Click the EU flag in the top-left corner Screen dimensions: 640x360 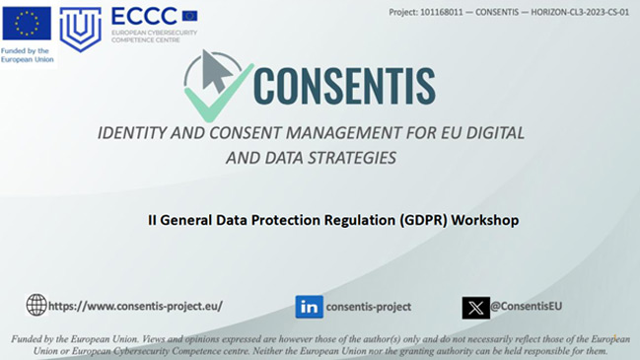coord(27,24)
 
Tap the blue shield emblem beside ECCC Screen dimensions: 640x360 coord(81,30)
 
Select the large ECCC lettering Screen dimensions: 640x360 coord(144,17)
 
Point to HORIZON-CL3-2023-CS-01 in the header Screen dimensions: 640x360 coord(580,12)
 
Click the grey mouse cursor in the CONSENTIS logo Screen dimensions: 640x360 coord(217,71)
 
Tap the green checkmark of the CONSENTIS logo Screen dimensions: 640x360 coord(218,93)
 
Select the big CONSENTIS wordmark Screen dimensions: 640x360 coord(344,86)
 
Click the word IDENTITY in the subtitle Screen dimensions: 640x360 coord(132,133)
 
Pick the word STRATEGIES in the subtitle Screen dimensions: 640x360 coord(351,158)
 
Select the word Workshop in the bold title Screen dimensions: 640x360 coord(485,220)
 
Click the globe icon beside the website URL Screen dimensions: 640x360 coord(36,305)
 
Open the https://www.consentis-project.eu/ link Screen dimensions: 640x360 coord(135,306)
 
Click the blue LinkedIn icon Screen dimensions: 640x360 coord(310,307)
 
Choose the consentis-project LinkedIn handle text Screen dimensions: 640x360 coord(369,307)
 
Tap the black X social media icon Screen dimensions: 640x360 coord(476,308)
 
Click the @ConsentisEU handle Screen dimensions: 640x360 coord(527,306)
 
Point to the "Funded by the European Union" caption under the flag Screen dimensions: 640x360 coord(27,55)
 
